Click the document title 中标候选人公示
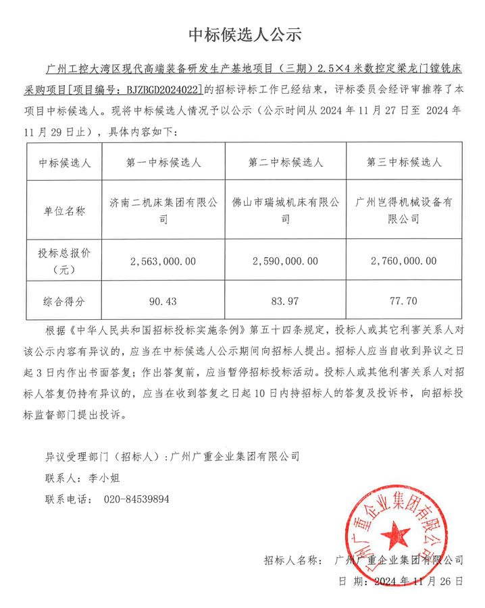point(243,34)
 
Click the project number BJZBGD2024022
point(157,88)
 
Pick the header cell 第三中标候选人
point(404,163)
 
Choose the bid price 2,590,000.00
point(286,260)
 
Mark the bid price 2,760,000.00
point(404,260)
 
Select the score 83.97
point(286,299)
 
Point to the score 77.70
point(404,299)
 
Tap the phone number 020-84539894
point(136,500)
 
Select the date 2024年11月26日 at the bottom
point(418,580)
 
